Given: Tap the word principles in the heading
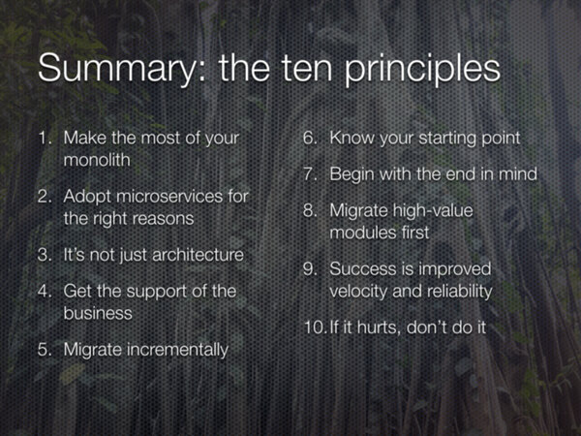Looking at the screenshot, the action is (x=423, y=69).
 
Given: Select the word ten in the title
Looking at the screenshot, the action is (x=306, y=68).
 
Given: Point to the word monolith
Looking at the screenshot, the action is (x=97, y=160).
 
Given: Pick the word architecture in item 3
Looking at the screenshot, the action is (x=198, y=255).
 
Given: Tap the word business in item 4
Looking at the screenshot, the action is (x=98, y=313).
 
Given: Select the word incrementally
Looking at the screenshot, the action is (x=177, y=350).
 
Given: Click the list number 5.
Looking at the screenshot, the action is (x=45, y=350).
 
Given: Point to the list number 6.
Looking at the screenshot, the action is (x=310, y=138).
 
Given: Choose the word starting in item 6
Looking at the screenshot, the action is (x=443, y=139).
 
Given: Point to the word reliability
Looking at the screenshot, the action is (x=459, y=292).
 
